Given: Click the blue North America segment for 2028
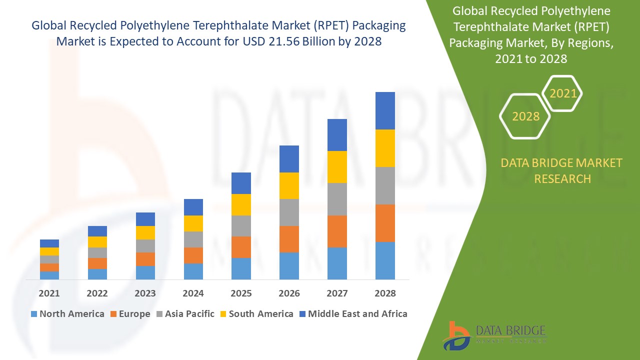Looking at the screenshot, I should pos(385,260).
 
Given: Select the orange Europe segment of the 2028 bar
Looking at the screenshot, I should pos(385,223).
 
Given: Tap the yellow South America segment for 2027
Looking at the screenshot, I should pos(337,167).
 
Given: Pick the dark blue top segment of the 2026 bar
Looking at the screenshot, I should pos(289,159).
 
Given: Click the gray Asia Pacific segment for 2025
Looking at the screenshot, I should pos(241,226).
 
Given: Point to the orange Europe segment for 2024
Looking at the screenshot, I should pos(193,255).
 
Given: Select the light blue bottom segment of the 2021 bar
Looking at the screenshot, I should pos(49,275).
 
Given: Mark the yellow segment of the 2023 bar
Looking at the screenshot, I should pos(145,232).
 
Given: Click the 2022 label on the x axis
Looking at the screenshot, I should pos(97,293).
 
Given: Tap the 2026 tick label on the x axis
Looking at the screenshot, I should pos(289,293).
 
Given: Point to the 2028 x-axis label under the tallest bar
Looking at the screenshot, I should pos(385,293).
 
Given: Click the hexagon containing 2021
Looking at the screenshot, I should pos(562,93).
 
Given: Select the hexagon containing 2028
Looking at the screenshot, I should pos(525,116).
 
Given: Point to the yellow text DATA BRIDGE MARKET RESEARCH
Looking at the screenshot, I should pos(562,170).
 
